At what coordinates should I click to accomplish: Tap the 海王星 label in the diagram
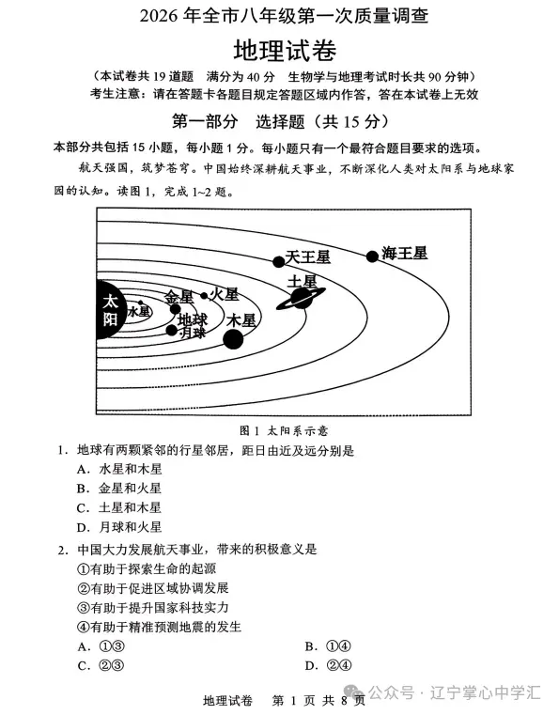coord(405,254)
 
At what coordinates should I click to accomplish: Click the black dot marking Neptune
coord(372,255)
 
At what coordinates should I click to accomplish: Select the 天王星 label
coord(308,256)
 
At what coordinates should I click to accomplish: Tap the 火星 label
coord(225,295)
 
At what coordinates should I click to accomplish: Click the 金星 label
coord(179,296)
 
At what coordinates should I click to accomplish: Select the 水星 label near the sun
coord(138,311)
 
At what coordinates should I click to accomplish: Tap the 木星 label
coord(241,320)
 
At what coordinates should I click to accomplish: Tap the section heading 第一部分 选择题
coord(280,122)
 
